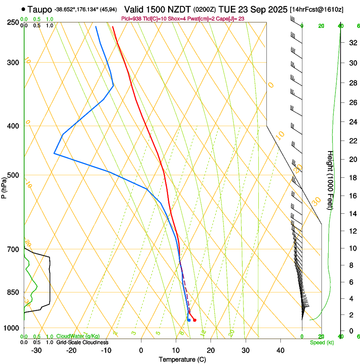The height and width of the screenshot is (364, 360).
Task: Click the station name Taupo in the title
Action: coord(39,9)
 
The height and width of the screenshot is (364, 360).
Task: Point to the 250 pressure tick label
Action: coord(14,22)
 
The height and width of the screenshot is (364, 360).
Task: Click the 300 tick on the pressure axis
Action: coord(14,63)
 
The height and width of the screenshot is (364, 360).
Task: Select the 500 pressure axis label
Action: coord(14,175)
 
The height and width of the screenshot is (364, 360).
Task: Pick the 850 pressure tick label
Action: coord(14,292)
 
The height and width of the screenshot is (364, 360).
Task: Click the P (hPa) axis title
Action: coord(4,186)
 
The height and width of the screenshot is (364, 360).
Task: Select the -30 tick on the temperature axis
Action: coord(36,350)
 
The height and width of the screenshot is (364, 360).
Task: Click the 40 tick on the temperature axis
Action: coord(280,350)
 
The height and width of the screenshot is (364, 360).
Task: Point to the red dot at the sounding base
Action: coord(194,320)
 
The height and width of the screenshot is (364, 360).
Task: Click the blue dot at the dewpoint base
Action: coord(189,320)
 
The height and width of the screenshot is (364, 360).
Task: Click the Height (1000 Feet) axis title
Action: coord(330,180)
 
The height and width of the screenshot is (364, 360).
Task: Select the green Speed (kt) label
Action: coord(321,342)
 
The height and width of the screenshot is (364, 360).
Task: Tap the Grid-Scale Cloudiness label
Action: coord(82,342)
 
